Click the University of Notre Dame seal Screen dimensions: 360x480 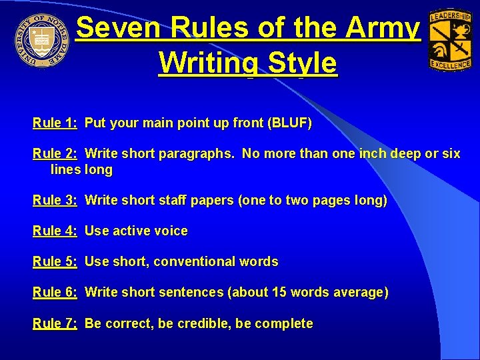(42, 39)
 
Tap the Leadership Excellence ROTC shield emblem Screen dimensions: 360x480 (449, 40)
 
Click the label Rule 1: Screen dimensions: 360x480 (55, 123)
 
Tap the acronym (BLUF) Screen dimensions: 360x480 (289, 123)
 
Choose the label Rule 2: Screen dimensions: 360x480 (55, 154)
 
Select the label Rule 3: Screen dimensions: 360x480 (55, 200)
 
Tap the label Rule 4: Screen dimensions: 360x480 (55, 231)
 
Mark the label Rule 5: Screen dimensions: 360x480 (55, 261)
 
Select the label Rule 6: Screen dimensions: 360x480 (55, 292)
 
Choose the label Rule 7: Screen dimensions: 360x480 (55, 323)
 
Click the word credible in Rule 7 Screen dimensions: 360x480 (203, 323)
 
